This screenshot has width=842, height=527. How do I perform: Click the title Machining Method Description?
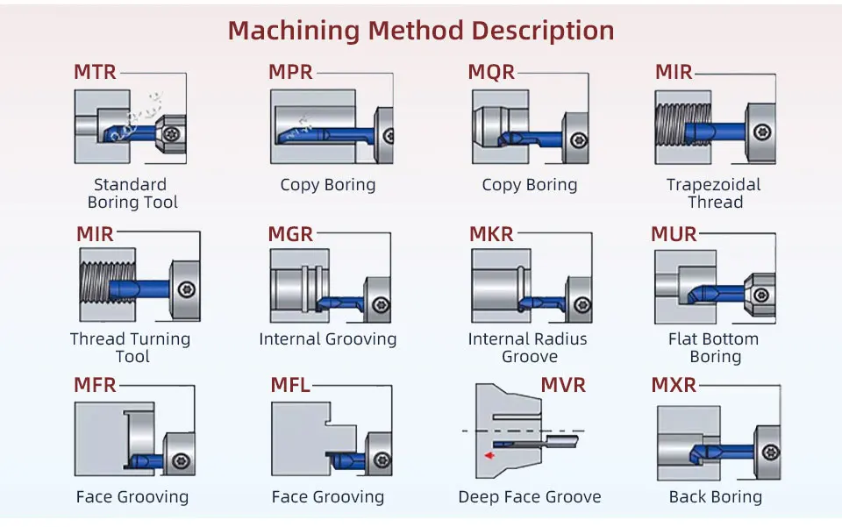coord(421,31)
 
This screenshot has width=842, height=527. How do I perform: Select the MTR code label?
coord(95,72)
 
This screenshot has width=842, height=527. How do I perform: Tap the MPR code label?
coord(290,72)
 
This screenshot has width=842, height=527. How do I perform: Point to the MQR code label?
coord(491,72)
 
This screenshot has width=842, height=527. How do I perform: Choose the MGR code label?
coord(290,234)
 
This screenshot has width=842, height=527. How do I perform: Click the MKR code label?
coord(491,234)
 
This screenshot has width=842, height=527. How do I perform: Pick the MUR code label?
coord(674,234)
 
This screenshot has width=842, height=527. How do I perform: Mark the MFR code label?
coord(95,385)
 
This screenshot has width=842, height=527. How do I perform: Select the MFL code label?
coord(290,385)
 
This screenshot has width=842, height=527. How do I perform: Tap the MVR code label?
coord(563,385)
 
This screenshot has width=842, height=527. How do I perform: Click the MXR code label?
coord(674,385)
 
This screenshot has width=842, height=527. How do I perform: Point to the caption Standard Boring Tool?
coord(131,194)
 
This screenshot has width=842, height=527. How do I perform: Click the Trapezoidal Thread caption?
coord(714,194)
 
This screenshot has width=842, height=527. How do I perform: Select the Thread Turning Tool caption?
coord(131,348)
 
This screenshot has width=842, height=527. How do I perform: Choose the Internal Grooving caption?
coord(328,339)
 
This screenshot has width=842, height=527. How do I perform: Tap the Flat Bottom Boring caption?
coord(714,348)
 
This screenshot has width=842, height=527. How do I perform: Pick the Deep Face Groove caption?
coord(530,497)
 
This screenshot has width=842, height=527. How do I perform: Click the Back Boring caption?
coord(715,497)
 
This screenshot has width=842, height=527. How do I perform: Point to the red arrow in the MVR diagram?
coord(489,455)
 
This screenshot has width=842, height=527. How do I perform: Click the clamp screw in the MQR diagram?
coord(577,140)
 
